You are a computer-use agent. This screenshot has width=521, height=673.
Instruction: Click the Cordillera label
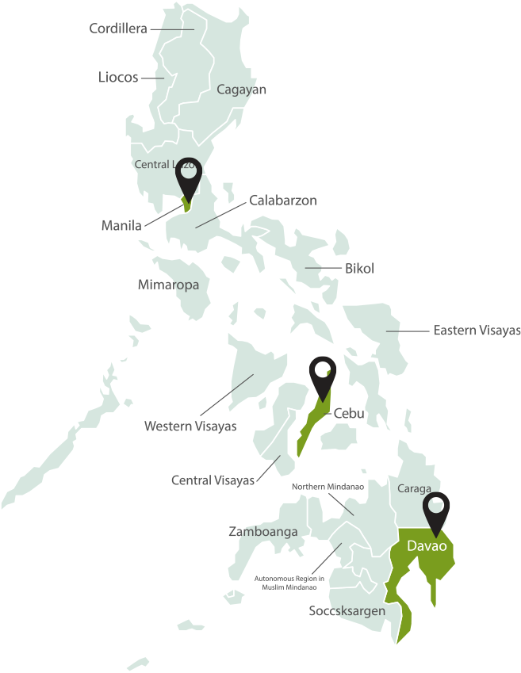(x=118, y=29)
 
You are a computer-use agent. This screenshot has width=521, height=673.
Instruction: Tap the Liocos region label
(x=118, y=78)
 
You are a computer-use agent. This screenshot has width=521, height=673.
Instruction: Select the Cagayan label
(x=242, y=90)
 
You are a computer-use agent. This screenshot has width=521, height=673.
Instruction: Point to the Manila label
(x=121, y=226)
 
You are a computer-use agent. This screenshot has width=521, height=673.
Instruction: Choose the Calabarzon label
(x=283, y=201)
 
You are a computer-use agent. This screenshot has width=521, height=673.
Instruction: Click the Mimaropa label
(x=168, y=285)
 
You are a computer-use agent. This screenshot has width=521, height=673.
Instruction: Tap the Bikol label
(x=359, y=269)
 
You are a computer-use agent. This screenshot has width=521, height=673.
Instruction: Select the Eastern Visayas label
(x=477, y=331)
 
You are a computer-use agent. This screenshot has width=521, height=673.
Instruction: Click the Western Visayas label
(x=190, y=426)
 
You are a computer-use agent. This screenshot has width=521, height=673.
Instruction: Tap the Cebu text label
(x=349, y=413)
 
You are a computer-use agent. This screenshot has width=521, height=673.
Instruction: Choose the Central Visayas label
(x=213, y=480)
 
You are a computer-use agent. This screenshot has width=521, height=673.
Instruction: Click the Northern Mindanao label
(x=328, y=487)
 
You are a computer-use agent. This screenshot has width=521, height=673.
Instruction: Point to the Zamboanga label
(x=263, y=532)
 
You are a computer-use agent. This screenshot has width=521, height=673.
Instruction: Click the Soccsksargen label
(x=347, y=611)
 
